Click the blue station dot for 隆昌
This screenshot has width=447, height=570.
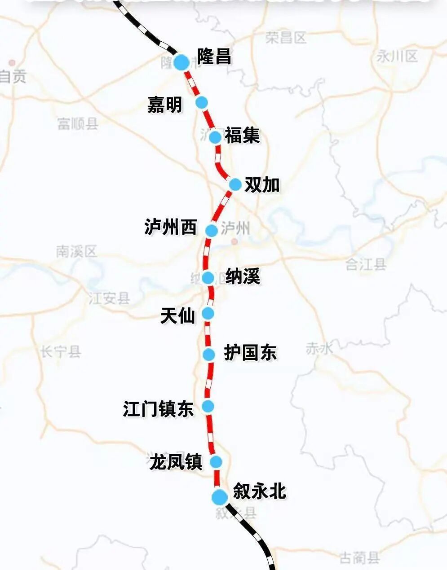pyautogui.click(x=181, y=62)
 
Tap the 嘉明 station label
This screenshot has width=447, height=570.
pyautogui.click(x=165, y=105)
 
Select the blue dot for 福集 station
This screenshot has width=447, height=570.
pyautogui.click(x=216, y=136)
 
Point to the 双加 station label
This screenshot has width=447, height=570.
pyautogui.click(x=262, y=184)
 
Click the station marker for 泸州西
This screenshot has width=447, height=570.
pyautogui.click(x=212, y=230)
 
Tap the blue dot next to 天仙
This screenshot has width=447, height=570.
pyautogui.click(x=208, y=313)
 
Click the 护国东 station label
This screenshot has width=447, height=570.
pyautogui.click(x=250, y=353)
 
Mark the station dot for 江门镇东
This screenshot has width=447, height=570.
pyautogui.click(x=208, y=407)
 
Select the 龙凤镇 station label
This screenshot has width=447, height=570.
pyautogui.click(x=176, y=462)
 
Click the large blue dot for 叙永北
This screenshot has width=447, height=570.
pyautogui.click(x=220, y=497)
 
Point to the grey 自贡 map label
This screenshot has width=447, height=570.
pyautogui.click(x=13, y=76)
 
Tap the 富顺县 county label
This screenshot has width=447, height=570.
pyautogui.click(x=78, y=123)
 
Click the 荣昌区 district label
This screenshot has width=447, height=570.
pyautogui.click(x=286, y=37)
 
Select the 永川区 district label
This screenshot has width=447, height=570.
pyautogui.click(x=397, y=56)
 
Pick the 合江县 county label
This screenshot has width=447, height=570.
pyautogui.click(x=366, y=264)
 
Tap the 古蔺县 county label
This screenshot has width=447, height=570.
pyautogui.click(x=359, y=558)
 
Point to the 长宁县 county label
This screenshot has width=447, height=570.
pyautogui.click(x=61, y=351)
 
